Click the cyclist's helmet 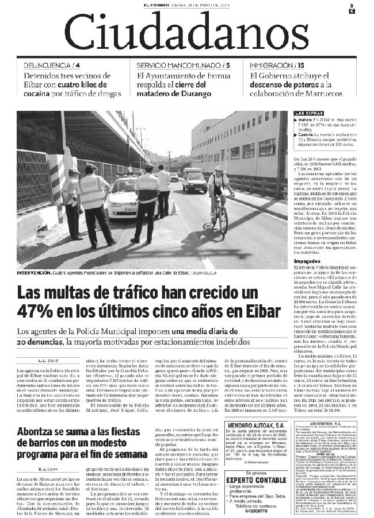pyautogui.click(x=219, y=169)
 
